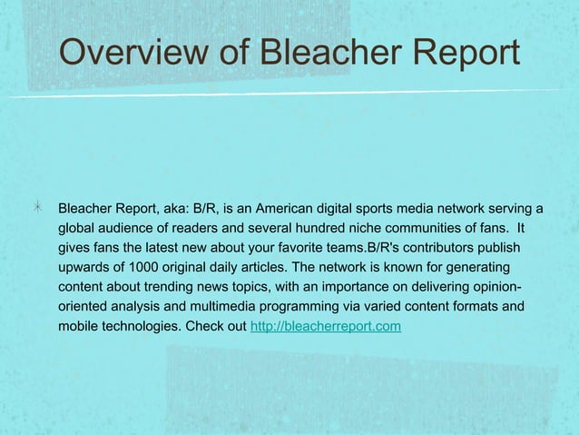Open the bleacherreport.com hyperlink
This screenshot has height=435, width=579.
point(325,326)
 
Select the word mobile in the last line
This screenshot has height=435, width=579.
point(80,326)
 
